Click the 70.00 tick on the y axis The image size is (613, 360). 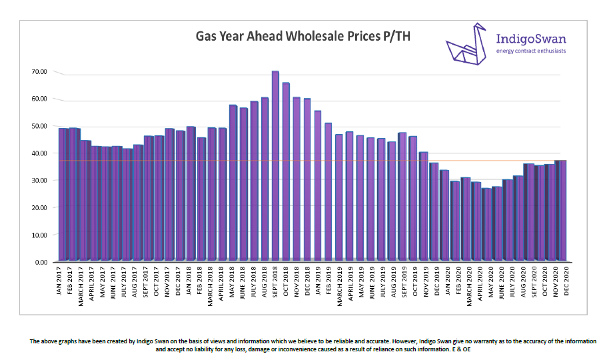point(39,71)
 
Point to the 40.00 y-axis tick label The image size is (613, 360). point(39,153)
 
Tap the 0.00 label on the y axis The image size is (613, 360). point(41,262)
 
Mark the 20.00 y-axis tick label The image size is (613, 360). point(39,207)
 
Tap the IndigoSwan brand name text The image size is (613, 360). point(532,38)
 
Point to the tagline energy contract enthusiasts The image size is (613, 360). point(532,51)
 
